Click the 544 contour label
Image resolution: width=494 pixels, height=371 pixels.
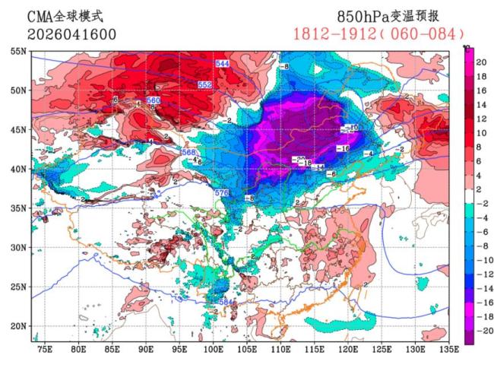click(223, 63)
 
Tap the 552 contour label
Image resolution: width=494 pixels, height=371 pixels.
click(204, 84)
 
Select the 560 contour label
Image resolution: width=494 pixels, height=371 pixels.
click(153, 100)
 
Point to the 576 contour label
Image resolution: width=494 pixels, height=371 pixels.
click(221, 193)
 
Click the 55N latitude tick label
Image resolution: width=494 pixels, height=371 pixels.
click(17, 51)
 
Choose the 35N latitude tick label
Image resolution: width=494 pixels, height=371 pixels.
click(17, 208)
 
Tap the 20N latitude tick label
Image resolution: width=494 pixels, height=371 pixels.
click(17, 326)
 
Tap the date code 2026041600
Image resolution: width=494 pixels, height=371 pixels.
click(69, 34)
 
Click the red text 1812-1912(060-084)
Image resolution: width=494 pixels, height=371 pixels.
click(378, 34)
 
